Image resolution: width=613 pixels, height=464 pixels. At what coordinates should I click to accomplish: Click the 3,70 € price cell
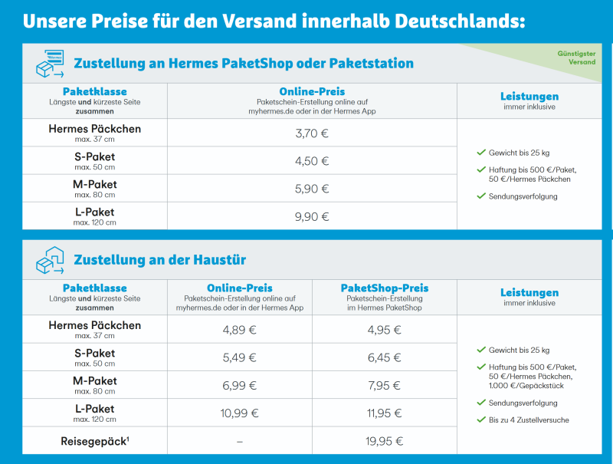point(312,133)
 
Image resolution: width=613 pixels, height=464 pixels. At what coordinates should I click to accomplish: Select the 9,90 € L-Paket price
point(312,216)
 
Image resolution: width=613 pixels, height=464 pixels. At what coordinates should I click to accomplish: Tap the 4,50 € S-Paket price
point(312,161)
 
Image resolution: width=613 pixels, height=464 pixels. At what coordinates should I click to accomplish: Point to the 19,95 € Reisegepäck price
point(384,441)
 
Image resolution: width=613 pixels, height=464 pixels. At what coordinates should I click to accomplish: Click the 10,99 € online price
point(239,413)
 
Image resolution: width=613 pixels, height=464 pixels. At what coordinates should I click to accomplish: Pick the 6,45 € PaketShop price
point(384,357)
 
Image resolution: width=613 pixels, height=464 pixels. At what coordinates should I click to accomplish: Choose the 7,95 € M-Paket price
point(384,385)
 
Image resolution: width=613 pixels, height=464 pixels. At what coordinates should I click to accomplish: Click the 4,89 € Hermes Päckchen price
point(239,330)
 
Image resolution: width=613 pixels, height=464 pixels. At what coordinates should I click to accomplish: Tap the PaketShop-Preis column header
point(384,288)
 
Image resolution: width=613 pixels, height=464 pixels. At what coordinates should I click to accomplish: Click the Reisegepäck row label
point(95,441)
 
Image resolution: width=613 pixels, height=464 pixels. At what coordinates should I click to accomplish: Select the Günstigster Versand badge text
point(577,58)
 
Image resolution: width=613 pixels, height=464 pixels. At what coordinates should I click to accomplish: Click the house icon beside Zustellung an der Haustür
point(49,261)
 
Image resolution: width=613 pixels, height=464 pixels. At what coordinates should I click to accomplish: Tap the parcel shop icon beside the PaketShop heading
point(49,64)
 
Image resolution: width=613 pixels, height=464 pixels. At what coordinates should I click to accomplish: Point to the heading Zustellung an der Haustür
point(159,260)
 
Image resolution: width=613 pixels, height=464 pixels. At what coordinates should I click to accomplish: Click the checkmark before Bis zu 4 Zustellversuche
point(480,420)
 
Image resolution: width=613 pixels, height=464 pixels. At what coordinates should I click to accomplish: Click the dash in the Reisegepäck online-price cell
point(239,441)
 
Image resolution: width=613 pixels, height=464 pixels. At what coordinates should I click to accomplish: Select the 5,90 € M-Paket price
point(312,189)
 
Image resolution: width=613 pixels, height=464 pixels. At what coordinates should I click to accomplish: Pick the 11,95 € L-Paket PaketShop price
point(384,413)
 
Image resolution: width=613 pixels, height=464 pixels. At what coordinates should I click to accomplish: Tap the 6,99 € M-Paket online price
point(239,385)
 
